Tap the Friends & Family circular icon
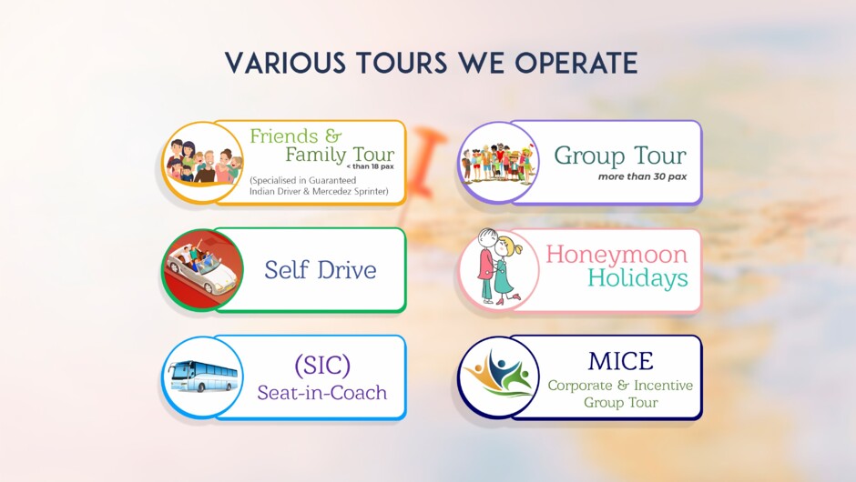click(x=203, y=162)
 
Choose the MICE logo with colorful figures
click(x=497, y=376)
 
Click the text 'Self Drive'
click(x=320, y=270)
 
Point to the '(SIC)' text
click(x=322, y=365)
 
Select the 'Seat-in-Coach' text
click(x=321, y=393)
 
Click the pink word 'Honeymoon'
click(x=617, y=254)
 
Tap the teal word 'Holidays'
click(x=637, y=278)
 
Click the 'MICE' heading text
click(x=620, y=361)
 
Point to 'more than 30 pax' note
click(x=642, y=176)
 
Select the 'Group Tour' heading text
click(x=620, y=155)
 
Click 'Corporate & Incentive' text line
click(x=620, y=386)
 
